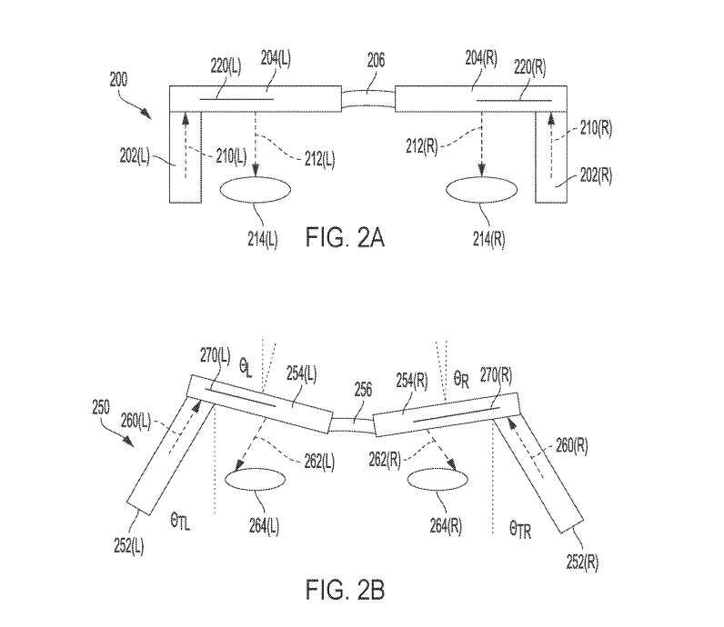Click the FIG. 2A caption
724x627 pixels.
coord(345,237)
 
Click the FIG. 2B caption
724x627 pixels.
coord(345,590)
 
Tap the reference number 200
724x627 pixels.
coord(118,80)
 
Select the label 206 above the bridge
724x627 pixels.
coord(376,60)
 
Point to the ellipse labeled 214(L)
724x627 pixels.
coord(256,190)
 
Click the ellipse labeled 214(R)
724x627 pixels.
coord(482,190)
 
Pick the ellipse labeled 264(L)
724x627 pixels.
coord(255,480)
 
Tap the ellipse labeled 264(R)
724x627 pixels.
coord(437,480)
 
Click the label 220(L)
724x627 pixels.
coord(226,67)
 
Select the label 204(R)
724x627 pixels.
coord(481,58)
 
